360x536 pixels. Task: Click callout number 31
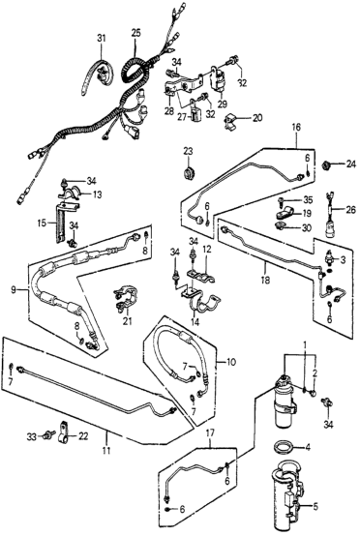coord(102,38)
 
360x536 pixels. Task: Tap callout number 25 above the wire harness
coord(135,34)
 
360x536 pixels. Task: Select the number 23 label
coord(188,150)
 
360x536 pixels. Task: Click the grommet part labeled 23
coord(189,172)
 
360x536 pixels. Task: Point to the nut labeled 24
coord(328,165)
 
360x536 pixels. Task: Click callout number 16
coord(296,128)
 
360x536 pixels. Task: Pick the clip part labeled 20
coord(231,122)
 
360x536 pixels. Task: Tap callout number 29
coord(223,104)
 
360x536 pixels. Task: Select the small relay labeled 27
coord(196,113)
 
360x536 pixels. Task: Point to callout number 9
coord(14,290)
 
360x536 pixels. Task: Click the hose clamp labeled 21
coord(126,297)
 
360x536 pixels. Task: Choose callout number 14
coord(195,321)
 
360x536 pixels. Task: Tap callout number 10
coord(231,362)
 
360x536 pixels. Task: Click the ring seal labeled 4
coord(285,447)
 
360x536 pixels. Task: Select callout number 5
coord(315,506)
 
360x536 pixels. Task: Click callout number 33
coord(32,436)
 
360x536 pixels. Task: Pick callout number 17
coord(210,433)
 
